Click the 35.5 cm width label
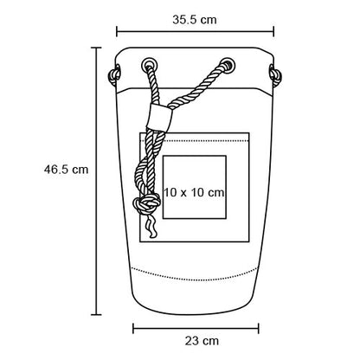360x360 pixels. [195, 20]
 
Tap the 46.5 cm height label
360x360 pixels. [66, 169]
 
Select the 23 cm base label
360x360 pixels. [202, 341]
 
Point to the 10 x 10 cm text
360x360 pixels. [194, 192]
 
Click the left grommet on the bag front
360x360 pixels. [150, 65]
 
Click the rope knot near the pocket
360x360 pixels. [146, 203]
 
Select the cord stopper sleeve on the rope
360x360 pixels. [159, 117]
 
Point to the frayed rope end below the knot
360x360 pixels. [152, 227]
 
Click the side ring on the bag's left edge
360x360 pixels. [114, 75]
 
